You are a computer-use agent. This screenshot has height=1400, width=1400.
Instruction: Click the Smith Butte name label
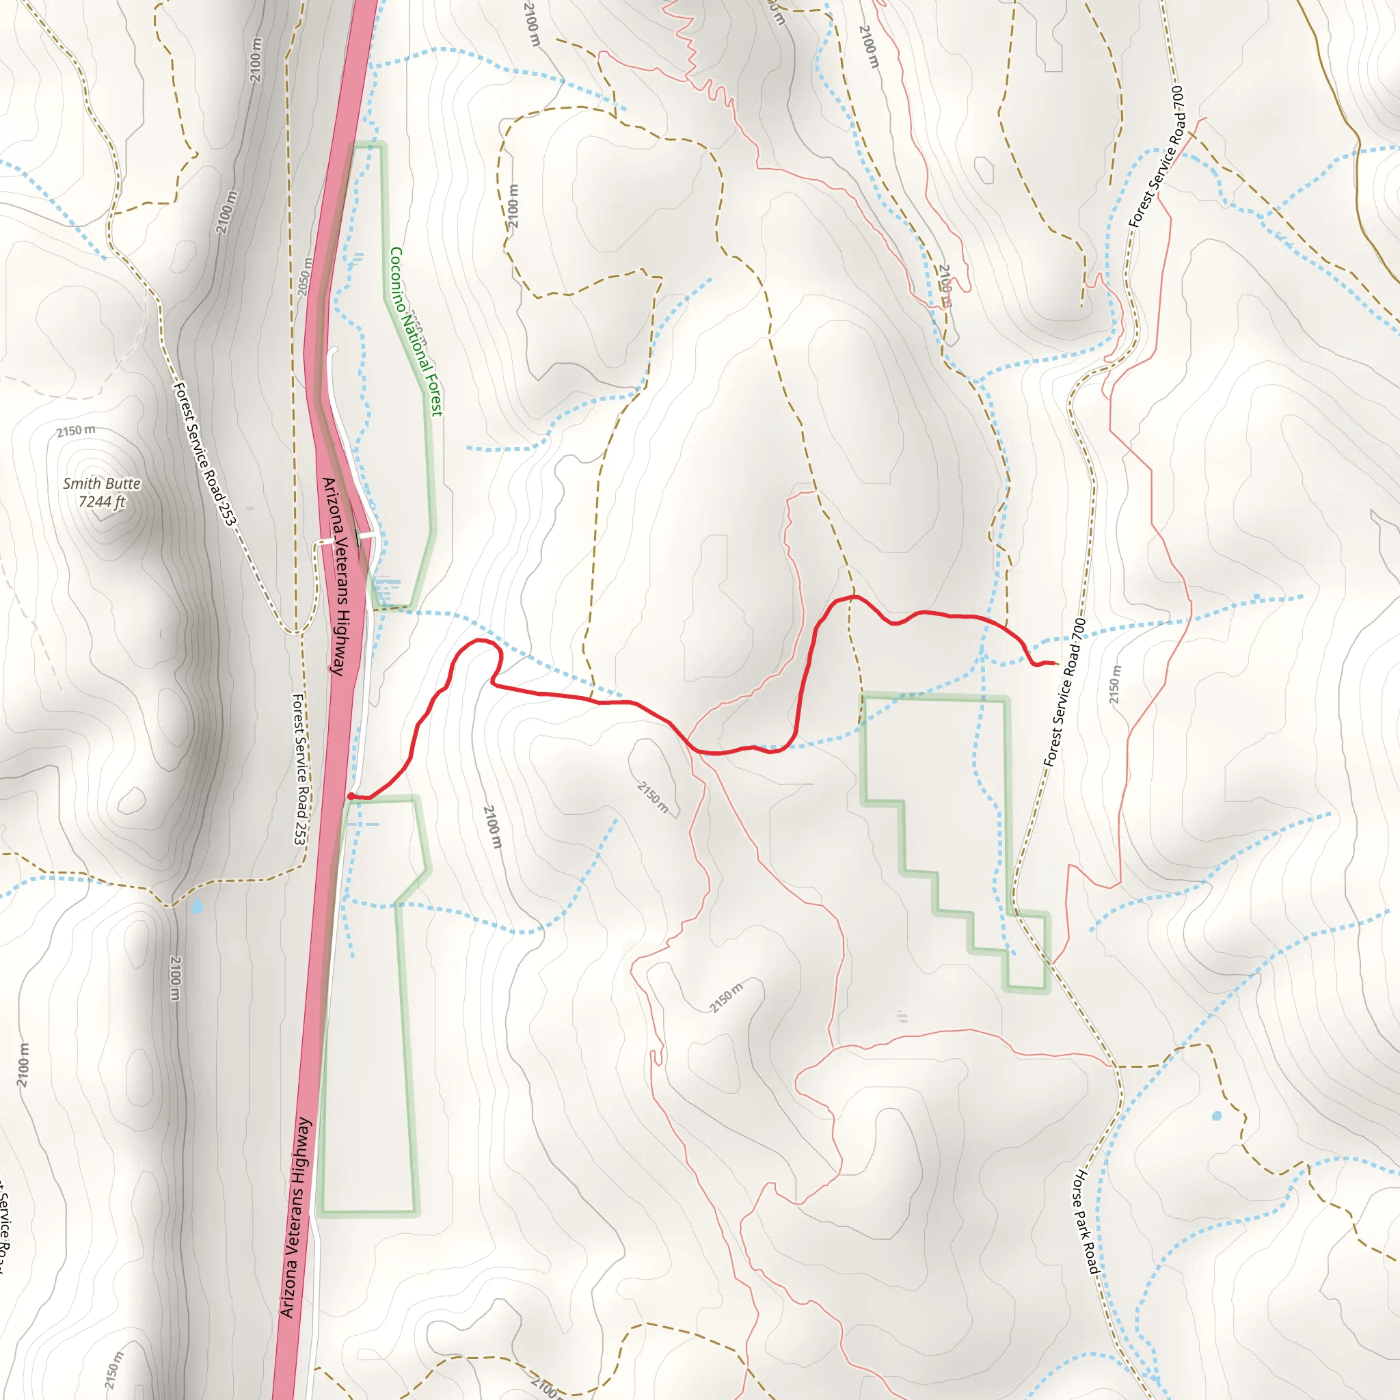[101, 483]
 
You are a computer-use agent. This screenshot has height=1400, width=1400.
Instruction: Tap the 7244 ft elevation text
[101, 502]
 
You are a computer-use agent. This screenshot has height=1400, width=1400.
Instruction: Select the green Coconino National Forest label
[416, 331]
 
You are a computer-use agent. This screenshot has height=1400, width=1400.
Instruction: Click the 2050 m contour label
[305, 276]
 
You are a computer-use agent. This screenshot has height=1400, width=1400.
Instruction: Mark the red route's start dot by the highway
[351, 796]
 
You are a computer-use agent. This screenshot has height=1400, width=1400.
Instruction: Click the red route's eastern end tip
[1057, 664]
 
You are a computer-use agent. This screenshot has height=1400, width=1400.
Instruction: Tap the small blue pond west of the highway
[197, 906]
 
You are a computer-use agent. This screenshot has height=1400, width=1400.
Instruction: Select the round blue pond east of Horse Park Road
[1217, 1116]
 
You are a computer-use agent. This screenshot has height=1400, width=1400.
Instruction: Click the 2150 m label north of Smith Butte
[76, 431]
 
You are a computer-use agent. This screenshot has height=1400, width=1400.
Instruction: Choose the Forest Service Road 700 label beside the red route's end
[1064, 692]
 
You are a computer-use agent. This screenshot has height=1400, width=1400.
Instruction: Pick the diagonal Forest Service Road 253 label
[204, 455]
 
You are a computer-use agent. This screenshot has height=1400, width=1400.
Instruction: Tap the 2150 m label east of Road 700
[1115, 684]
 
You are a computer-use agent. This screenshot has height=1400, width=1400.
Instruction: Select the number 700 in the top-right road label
[1178, 98]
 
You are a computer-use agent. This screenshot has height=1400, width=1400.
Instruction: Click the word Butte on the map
[122, 483]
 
